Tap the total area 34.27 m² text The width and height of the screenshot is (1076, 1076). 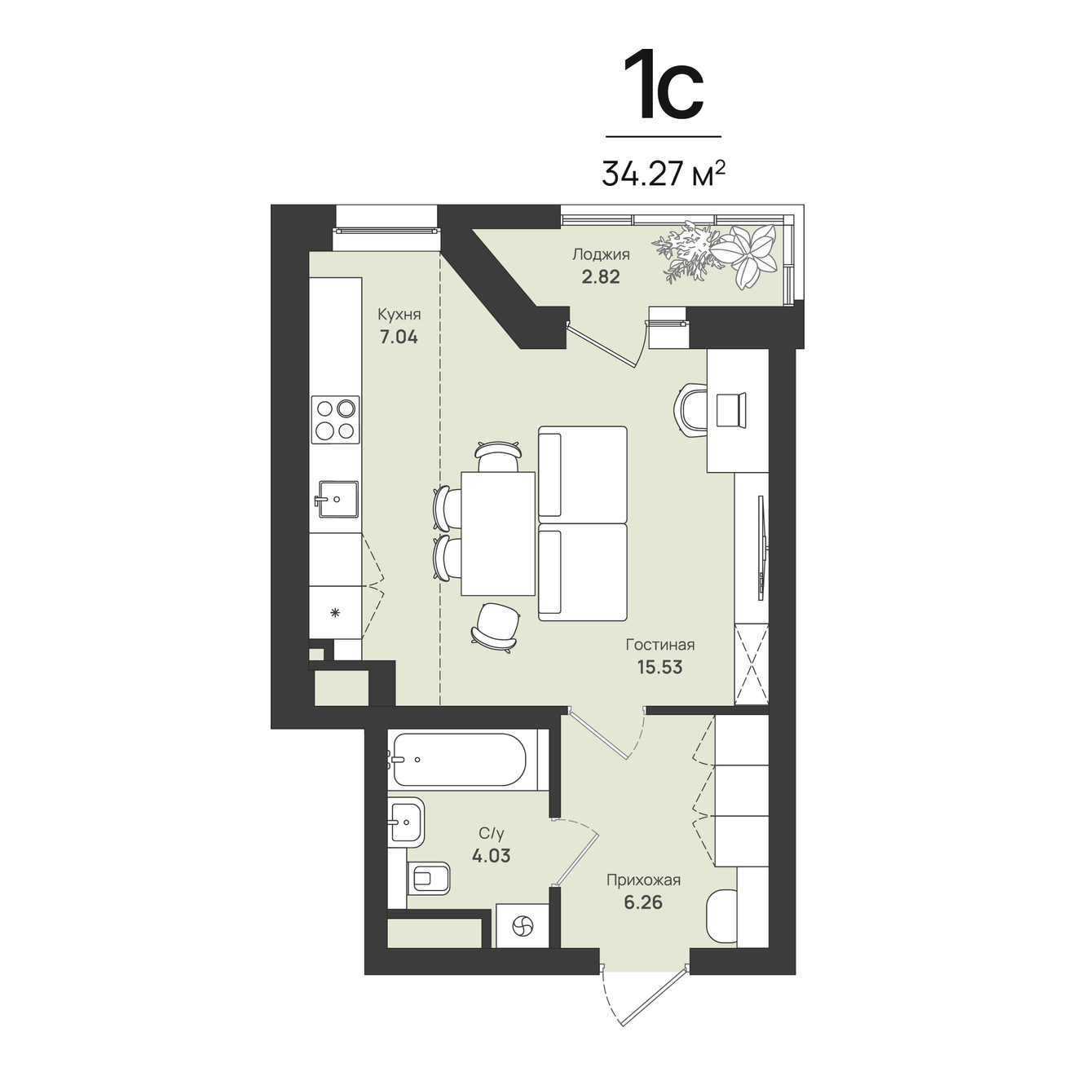click(664, 174)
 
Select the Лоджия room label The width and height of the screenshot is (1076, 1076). click(601, 254)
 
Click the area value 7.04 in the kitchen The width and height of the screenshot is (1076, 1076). click(399, 337)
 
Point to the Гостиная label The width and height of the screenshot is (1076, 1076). click(660, 645)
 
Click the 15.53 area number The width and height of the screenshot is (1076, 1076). click(660, 668)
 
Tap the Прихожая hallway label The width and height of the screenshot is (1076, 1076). click(643, 880)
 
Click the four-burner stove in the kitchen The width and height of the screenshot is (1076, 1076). click(335, 419)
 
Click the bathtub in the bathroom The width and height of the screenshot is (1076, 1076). click(459, 759)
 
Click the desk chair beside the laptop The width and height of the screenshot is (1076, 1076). click(692, 410)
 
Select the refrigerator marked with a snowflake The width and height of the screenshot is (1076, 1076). click(335, 612)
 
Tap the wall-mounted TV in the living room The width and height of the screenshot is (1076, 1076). click(761, 547)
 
